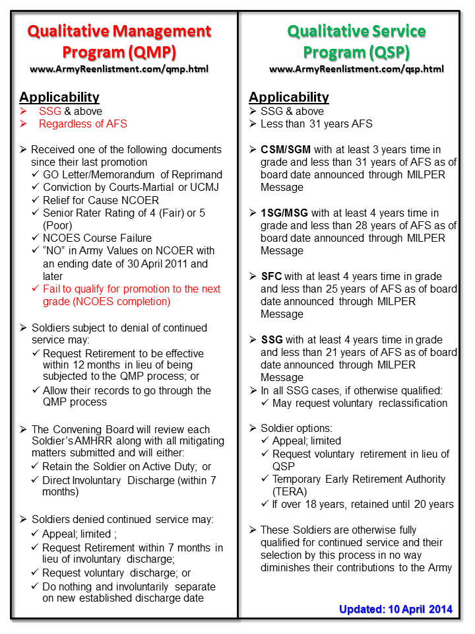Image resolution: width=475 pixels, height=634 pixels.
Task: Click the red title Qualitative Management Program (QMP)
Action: [x=119, y=41]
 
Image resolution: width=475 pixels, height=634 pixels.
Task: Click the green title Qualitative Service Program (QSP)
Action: [x=356, y=41]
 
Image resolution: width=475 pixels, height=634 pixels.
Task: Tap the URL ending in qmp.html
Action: [x=119, y=69]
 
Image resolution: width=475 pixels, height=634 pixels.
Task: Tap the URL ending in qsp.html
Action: [x=356, y=69]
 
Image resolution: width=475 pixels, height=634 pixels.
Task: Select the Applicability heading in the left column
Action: [x=59, y=97]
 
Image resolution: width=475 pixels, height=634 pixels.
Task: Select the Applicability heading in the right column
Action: [x=289, y=97]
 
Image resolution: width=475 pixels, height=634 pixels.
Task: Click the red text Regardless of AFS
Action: [x=82, y=123]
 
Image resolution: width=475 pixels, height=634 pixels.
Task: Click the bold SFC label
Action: [x=272, y=277]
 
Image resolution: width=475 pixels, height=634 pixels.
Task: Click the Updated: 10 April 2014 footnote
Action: [x=396, y=609]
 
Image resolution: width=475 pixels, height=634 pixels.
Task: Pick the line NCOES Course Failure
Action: [x=97, y=238]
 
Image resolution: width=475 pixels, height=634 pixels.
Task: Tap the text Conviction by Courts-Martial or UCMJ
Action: [x=130, y=188]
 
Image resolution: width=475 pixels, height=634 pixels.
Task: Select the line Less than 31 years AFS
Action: [x=317, y=123]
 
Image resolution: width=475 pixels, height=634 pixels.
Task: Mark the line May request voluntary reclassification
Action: [x=360, y=403]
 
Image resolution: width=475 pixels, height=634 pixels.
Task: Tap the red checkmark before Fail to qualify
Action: [x=36, y=289]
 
